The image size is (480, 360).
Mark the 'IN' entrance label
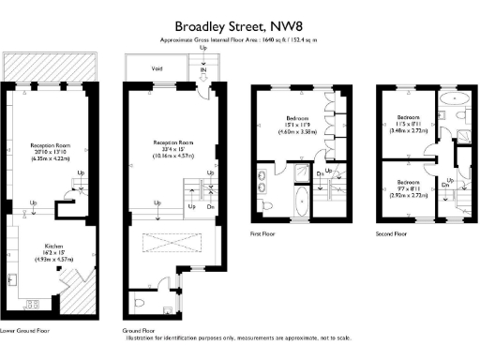click(x=202, y=68)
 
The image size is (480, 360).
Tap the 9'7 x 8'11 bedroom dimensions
click(x=407, y=187)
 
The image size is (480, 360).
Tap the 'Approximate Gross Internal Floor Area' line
click(x=239, y=41)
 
